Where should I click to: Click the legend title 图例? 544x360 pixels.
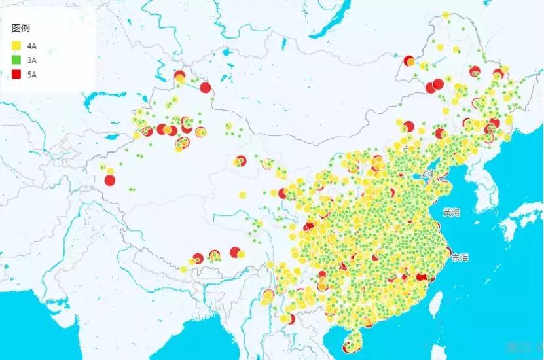pos(20,29)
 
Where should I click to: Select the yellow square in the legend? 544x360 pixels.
pos(16,45)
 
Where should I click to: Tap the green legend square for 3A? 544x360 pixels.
pos(16,60)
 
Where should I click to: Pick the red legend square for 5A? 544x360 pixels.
pos(16,75)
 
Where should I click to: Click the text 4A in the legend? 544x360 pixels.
pos(32,45)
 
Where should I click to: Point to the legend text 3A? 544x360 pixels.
pos(32,60)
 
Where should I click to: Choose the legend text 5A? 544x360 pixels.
pos(32,75)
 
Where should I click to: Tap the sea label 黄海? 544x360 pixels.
pos(451,212)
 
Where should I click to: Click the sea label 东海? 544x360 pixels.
pos(460,257)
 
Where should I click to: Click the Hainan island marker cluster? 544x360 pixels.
pos(354,341)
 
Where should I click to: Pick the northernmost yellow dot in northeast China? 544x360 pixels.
pos(446,15)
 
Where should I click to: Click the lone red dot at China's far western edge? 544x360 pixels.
pos(110,180)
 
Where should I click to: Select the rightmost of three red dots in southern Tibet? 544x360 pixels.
pos(235,252)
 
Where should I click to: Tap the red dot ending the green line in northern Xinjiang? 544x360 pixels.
pos(206,88)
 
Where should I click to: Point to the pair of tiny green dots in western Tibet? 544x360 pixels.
pos(132,189)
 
